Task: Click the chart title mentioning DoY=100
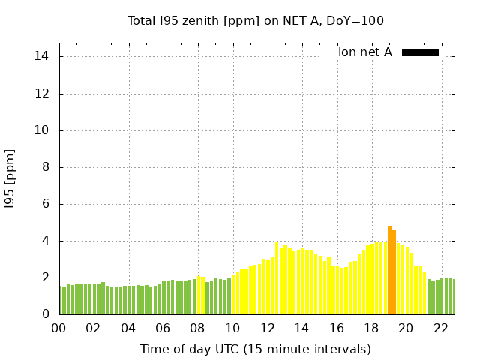[x=255, y=20]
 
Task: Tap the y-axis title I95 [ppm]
[x=10, y=178]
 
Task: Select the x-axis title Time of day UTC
[x=255, y=349]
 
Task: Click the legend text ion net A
[x=365, y=52]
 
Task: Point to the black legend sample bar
[x=420, y=52]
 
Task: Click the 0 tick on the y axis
[x=46, y=314]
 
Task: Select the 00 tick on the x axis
[x=59, y=328]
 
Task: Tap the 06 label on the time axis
[x=163, y=328]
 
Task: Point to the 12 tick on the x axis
[x=268, y=328]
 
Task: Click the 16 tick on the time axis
[x=337, y=328]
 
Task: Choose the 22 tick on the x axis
[x=441, y=328]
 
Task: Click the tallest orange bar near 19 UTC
[x=389, y=270]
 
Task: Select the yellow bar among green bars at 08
[x=199, y=295]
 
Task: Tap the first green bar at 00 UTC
[x=61, y=300]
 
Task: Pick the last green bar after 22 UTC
[x=452, y=296]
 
